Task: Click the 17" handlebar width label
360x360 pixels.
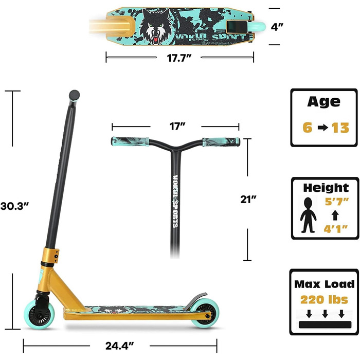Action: point(175,125)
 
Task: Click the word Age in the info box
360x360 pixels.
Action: point(323,101)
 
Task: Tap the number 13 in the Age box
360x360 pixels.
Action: point(340,128)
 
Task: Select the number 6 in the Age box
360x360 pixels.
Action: point(307,128)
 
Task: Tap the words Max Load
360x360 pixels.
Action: point(323,284)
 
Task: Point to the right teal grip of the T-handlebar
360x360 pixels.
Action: point(221,142)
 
